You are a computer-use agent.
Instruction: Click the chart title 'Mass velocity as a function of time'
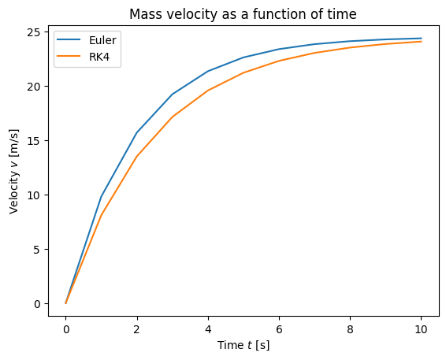click(x=243, y=14)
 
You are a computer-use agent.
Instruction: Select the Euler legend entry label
click(x=102, y=40)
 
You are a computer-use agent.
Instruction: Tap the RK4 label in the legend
click(x=99, y=57)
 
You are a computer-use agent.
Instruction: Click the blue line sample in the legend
click(x=69, y=39)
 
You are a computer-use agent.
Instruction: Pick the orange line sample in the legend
click(x=69, y=56)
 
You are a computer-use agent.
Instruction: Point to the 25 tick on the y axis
click(x=34, y=32)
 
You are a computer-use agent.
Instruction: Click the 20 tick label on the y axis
click(x=34, y=87)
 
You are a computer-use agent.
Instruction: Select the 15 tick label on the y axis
click(x=34, y=141)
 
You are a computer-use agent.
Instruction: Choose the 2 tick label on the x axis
click(x=137, y=329)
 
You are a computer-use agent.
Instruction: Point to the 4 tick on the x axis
click(x=208, y=329)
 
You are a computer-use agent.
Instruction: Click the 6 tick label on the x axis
click(x=279, y=329)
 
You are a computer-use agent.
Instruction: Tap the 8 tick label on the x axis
click(x=350, y=329)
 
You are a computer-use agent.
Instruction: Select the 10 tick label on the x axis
click(x=421, y=329)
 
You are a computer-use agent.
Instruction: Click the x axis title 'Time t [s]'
click(x=243, y=345)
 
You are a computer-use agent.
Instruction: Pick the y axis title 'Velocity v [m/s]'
click(x=13, y=172)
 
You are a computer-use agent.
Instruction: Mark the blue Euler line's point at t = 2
click(x=137, y=132)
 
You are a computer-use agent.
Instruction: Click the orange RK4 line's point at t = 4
click(x=208, y=91)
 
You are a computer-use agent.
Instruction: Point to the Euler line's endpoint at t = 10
click(x=421, y=38)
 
